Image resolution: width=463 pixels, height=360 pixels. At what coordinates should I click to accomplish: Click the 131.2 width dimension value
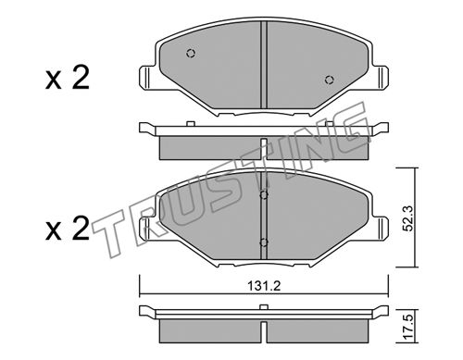263,287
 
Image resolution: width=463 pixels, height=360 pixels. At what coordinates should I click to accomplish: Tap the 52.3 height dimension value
408,218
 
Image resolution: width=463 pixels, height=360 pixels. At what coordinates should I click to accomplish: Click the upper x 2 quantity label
68,78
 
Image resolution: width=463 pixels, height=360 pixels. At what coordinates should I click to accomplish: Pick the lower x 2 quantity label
68,229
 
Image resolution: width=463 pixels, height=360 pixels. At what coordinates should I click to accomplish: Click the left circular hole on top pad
191,54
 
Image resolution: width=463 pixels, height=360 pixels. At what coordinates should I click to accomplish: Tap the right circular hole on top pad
330,80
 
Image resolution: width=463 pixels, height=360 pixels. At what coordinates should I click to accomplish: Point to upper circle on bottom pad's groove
264,195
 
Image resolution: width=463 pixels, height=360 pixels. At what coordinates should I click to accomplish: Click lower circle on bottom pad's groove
264,242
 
